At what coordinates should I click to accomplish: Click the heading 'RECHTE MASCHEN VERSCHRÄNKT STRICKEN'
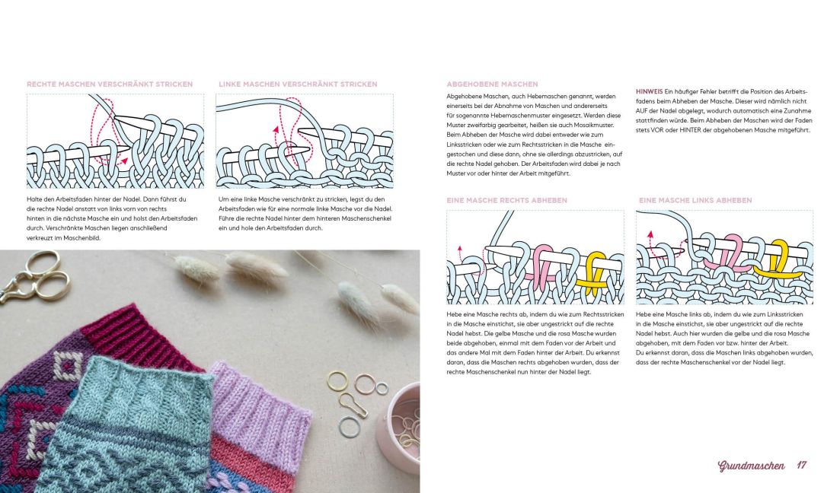pyautogui.click(x=110, y=84)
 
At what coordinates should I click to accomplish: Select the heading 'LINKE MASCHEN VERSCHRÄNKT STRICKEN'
pyautogui.click(x=298, y=84)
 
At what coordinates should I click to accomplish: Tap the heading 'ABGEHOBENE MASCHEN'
pyautogui.click(x=492, y=84)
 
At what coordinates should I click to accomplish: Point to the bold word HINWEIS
pyautogui.click(x=650, y=91)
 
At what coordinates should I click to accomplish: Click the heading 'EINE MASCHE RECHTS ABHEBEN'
pyautogui.click(x=506, y=200)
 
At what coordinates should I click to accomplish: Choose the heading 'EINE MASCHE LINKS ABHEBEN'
pyautogui.click(x=695, y=200)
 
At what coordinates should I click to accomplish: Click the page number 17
pyautogui.click(x=801, y=465)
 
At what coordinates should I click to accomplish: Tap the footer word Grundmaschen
pyautogui.click(x=751, y=466)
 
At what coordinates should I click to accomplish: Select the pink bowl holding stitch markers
pyautogui.click(x=399, y=428)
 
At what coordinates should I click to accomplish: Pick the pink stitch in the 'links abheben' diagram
pyautogui.click(x=729, y=257)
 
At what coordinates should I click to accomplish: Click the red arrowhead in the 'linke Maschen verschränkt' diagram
pyautogui.click(x=276, y=129)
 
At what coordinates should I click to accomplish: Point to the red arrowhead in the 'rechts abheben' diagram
pyautogui.click(x=460, y=248)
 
